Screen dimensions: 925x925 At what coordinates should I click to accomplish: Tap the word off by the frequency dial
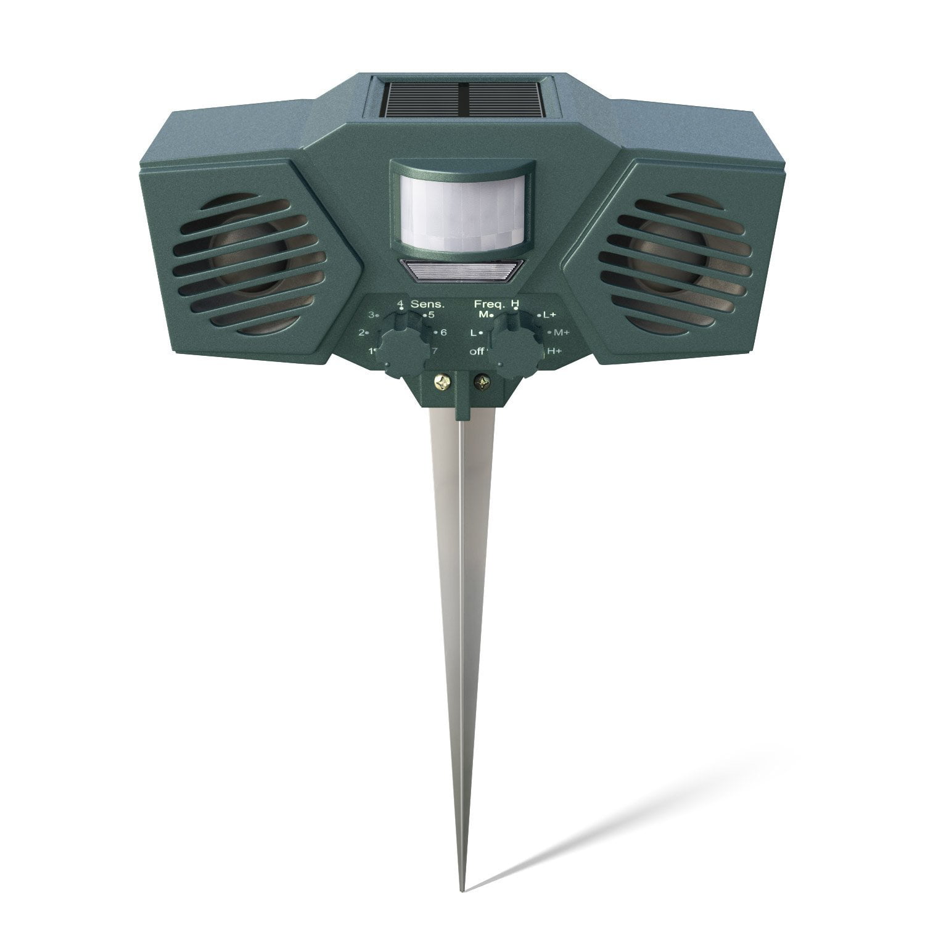click(x=475, y=351)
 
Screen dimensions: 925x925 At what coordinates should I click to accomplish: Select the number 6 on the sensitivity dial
click(x=443, y=333)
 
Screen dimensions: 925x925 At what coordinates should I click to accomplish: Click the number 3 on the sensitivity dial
click(x=372, y=315)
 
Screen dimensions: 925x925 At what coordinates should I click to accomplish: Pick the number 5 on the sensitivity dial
click(x=431, y=315)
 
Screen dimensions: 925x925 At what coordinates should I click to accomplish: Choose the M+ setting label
click(x=561, y=333)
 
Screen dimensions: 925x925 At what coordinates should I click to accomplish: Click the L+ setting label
click(x=549, y=315)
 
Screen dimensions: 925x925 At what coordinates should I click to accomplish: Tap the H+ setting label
click(x=554, y=351)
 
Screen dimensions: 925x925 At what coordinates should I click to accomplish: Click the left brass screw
click(x=443, y=384)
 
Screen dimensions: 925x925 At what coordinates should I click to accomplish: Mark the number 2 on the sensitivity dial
click(x=363, y=333)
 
